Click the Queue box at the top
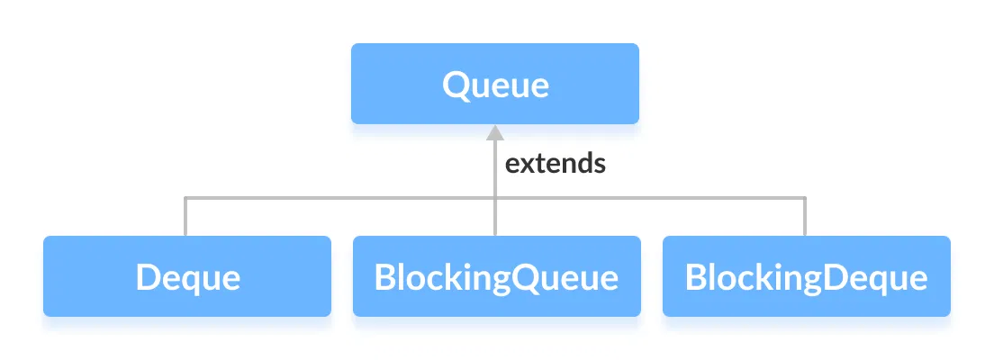click(x=494, y=84)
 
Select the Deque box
click(x=187, y=276)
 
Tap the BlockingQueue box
click(x=496, y=276)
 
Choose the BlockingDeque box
click(x=806, y=276)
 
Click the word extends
click(x=555, y=164)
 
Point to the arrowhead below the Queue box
click(x=494, y=133)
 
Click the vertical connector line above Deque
click(x=185, y=217)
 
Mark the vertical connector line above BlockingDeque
click(x=805, y=217)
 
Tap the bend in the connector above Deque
click(x=185, y=197)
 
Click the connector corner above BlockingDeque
click(x=805, y=197)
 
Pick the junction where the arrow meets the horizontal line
click(x=494, y=197)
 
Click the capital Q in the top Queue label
click(x=455, y=85)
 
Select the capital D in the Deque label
click(x=147, y=277)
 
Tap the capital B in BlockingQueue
click(x=384, y=276)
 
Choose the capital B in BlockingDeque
click(x=694, y=276)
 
